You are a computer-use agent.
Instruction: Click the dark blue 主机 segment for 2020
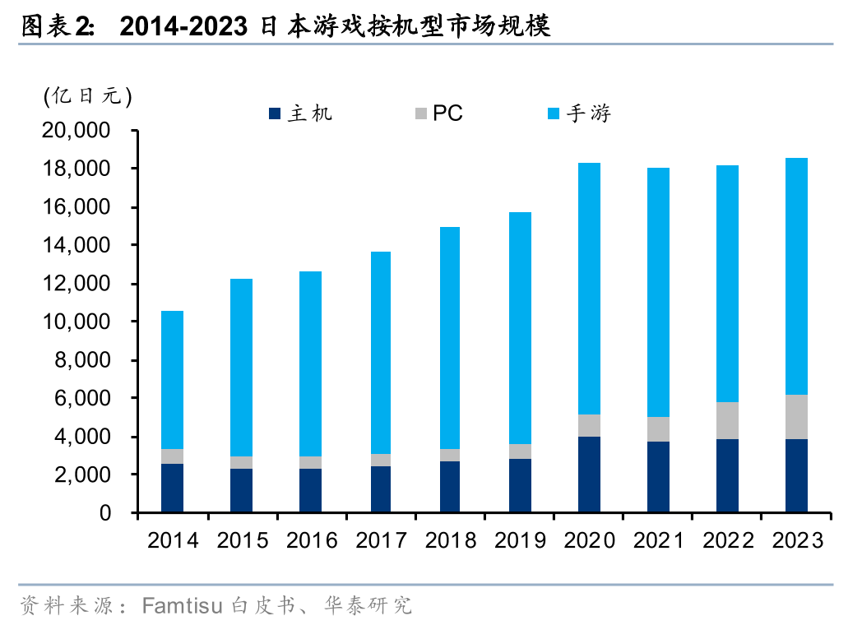click(588, 475)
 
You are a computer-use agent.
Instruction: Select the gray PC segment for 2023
click(796, 417)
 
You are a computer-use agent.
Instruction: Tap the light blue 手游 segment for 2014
click(172, 380)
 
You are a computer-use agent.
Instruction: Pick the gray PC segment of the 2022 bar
click(727, 420)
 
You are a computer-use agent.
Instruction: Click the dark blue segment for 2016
click(311, 490)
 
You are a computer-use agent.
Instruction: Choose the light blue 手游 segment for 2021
click(658, 292)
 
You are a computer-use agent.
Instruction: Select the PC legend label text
click(447, 113)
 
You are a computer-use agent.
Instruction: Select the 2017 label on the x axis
click(381, 539)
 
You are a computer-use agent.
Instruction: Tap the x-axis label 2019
click(520, 539)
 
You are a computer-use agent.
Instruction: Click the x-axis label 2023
click(797, 539)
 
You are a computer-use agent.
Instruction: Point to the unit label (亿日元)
click(87, 95)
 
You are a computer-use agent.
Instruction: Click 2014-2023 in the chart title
click(183, 26)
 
